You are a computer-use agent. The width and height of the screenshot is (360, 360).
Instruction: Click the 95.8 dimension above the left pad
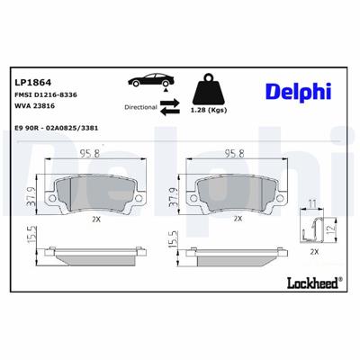89,153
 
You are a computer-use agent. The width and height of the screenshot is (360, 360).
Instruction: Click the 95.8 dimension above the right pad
236,153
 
